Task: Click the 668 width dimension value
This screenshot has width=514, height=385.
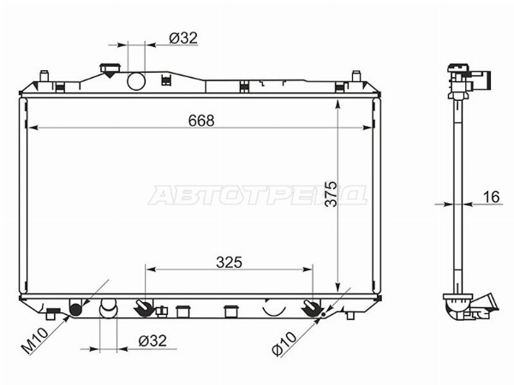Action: tap(201, 121)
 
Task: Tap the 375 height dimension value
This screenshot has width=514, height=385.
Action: tap(331, 194)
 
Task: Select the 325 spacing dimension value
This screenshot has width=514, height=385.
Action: tap(229, 263)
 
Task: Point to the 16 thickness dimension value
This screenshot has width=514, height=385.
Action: tap(492, 197)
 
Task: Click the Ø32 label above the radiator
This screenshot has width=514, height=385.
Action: tap(183, 38)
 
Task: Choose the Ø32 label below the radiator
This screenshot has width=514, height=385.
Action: tap(152, 341)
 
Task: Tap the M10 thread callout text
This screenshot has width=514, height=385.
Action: tap(34, 341)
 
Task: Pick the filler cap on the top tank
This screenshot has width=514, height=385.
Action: tap(111, 70)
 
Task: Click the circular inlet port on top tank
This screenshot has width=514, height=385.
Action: tap(136, 81)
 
